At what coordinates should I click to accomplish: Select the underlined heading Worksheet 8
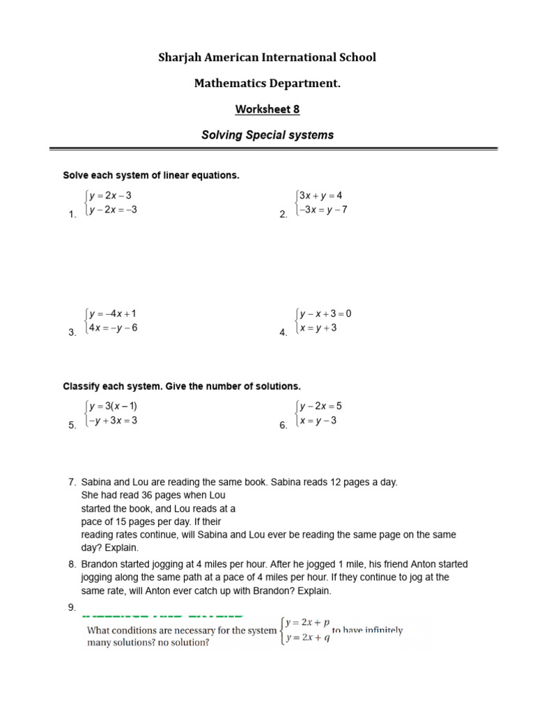[267, 109]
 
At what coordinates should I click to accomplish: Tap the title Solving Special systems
[267, 135]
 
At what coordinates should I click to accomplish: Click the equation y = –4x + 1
[112, 314]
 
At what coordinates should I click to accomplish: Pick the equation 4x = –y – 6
[111, 328]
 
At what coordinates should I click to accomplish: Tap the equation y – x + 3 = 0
[325, 314]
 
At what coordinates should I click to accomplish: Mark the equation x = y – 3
[318, 420]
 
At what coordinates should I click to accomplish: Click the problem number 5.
[72, 425]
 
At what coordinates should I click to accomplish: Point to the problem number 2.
[283, 214]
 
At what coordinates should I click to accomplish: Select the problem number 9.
[72, 608]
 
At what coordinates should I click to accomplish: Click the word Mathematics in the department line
[230, 84]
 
